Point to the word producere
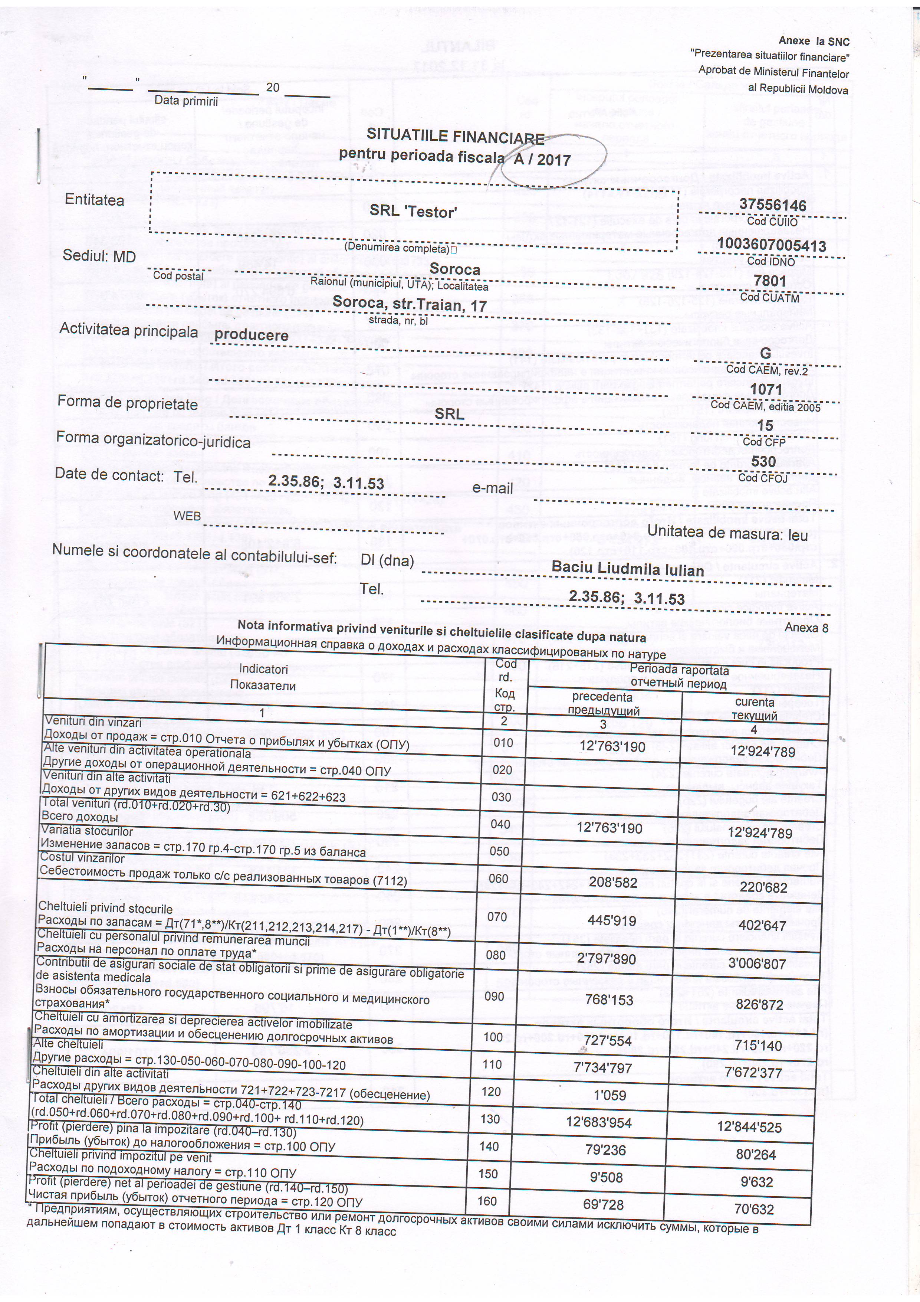[x=251, y=335]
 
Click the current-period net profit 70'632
[x=754, y=1209]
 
